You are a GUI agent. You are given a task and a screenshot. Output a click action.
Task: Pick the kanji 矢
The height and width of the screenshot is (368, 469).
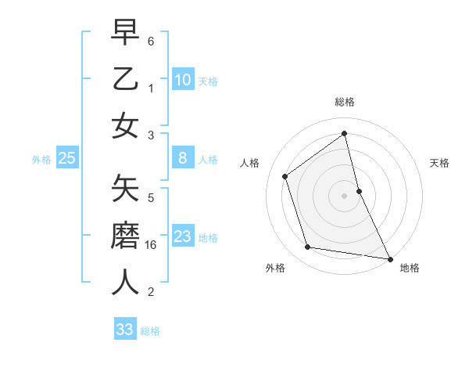click(x=126, y=188)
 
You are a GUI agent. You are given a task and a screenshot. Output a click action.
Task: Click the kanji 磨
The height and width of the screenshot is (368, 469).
click(x=126, y=235)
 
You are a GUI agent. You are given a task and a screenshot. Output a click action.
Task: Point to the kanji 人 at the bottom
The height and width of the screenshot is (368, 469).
click(x=126, y=282)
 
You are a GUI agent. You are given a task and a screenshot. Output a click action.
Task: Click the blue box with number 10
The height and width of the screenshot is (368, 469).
click(x=182, y=79)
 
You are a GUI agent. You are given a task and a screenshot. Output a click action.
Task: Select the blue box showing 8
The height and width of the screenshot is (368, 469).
click(x=182, y=158)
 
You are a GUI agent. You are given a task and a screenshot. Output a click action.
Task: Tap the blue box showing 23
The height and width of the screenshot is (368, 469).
click(x=182, y=236)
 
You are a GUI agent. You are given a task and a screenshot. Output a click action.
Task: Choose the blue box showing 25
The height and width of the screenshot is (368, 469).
click(x=66, y=158)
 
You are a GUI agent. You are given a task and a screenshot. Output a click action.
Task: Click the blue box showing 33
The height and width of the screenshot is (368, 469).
click(x=124, y=330)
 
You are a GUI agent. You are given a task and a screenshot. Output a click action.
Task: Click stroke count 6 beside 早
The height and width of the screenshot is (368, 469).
click(x=151, y=41)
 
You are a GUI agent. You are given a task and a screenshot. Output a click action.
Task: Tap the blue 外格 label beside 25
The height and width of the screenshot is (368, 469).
click(x=41, y=160)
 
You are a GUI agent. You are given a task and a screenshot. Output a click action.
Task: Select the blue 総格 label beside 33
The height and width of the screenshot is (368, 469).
click(x=150, y=331)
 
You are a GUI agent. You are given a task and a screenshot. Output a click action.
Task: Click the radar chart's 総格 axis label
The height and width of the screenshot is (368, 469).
click(x=345, y=102)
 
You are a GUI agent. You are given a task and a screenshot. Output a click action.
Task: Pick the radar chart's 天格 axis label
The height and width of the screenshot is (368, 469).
click(x=440, y=163)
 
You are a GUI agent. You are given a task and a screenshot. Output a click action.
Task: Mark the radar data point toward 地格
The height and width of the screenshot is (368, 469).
click(x=388, y=258)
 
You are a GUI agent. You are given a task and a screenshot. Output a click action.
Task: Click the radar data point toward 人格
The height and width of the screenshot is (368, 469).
click(x=285, y=176)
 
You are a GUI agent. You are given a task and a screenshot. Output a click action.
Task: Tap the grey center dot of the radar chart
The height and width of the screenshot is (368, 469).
click(x=345, y=195)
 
